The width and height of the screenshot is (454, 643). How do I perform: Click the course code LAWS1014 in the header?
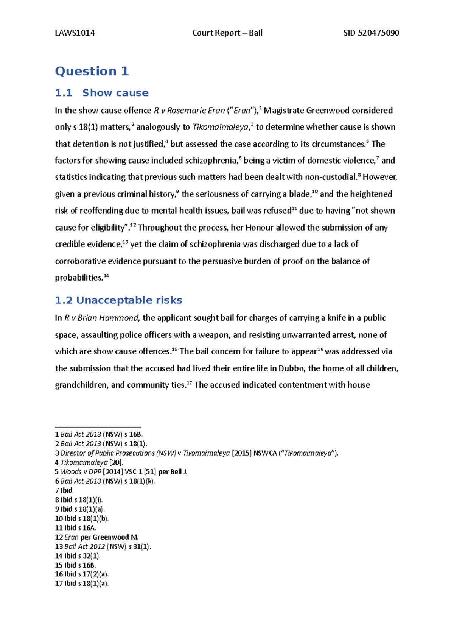pyautogui.click(x=75, y=33)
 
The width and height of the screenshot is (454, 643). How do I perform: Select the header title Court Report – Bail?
pyautogui.click(x=227, y=33)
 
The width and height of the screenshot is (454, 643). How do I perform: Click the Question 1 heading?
pyautogui.click(x=92, y=71)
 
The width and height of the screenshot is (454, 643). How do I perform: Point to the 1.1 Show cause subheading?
pyautogui.click(x=102, y=93)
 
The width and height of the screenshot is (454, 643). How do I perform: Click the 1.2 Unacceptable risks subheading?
pyautogui.click(x=118, y=300)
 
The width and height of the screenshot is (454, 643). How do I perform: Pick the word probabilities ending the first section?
pyautogui.click(x=79, y=278)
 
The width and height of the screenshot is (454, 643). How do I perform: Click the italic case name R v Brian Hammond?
pyautogui.click(x=101, y=318)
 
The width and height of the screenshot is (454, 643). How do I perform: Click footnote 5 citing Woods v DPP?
pyautogui.click(x=121, y=472)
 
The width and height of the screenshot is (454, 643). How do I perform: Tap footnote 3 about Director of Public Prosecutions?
pyautogui.click(x=197, y=453)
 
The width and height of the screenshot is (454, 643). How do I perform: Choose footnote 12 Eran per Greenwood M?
pyautogui.click(x=97, y=537)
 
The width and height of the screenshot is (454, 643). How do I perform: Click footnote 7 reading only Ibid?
pyautogui.click(x=64, y=490)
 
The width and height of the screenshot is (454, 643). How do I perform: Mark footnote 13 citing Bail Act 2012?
pyautogui.click(x=103, y=547)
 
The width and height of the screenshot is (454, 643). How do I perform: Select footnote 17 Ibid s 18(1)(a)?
pyautogui.click(x=82, y=584)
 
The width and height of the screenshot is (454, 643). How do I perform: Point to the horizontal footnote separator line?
pyautogui.click(x=98, y=427)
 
